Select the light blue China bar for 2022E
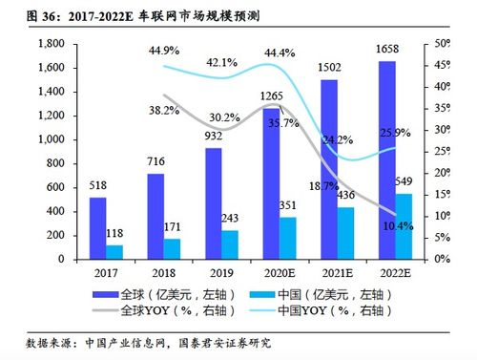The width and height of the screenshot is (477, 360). coord(404,226)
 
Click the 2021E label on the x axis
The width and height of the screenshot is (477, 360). coord(331,271)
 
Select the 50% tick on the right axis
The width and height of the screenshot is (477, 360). coord(444,44)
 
